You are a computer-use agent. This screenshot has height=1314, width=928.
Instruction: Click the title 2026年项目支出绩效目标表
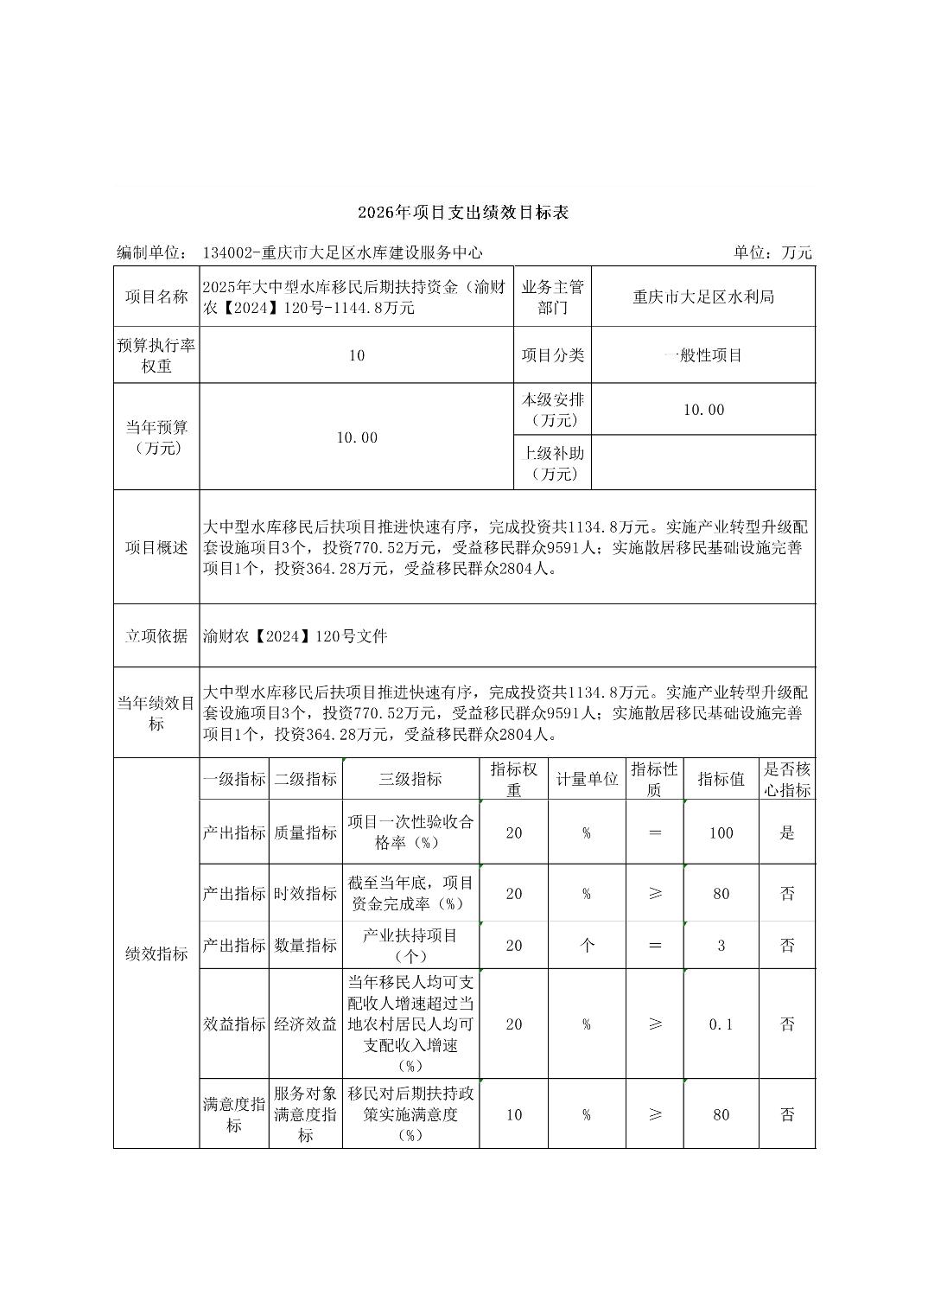tap(463, 213)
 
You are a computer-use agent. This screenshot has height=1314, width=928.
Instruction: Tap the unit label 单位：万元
tap(772, 252)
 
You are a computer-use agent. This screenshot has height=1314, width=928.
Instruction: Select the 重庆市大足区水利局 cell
tap(703, 297)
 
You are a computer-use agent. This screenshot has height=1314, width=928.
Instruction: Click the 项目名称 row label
tap(156, 297)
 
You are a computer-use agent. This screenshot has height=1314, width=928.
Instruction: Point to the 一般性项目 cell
tap(703, 355)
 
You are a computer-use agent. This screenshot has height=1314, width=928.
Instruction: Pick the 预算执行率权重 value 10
tap(357, 355)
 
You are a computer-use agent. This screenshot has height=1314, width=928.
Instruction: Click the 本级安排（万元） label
tap(552, 410)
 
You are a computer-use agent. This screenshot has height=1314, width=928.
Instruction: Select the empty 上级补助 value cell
tap(703, 462)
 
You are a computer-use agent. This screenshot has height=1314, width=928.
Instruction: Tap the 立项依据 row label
tap(156, 635)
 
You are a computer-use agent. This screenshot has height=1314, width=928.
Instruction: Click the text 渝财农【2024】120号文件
tap(296, 636)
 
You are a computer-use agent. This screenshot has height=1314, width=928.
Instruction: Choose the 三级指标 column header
tap(410, 779)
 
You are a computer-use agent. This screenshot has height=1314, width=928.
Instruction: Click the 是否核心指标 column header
tap(787, 779)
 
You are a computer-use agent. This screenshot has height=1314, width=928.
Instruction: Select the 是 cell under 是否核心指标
tap(787, 832)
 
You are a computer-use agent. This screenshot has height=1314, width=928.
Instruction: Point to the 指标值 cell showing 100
tap(721, 832)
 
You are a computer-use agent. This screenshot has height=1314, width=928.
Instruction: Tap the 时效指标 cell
tap(305, 893)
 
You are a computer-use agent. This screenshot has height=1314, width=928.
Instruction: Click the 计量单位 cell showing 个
tap(587, 945)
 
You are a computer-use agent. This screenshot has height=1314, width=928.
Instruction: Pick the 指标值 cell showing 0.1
tap(721, 1024)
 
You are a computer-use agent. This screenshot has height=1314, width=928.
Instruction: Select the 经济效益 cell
tap(305, 1024)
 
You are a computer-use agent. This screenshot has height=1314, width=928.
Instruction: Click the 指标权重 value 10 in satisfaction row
tap(514, 1114)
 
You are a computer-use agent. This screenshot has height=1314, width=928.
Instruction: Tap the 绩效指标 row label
tap(156, 954)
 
